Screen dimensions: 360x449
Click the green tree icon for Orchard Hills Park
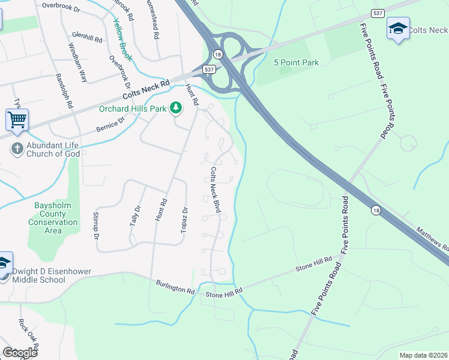tap(176, 108)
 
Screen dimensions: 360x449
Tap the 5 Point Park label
tap(295, 62)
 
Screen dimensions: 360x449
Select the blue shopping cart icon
tap(17, 119)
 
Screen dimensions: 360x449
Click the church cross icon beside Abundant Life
tap(17, 148)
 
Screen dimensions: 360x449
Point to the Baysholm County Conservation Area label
tap(53, 218)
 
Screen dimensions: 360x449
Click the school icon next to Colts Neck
tap(398, 29)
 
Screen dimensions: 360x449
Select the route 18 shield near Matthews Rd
tap(375, 209)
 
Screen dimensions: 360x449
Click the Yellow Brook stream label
tap(122, 40)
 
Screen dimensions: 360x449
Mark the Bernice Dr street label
tap(110, 124)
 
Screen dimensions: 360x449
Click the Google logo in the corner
tap(20, 352)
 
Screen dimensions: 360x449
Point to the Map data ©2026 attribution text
tap(423, 355)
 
